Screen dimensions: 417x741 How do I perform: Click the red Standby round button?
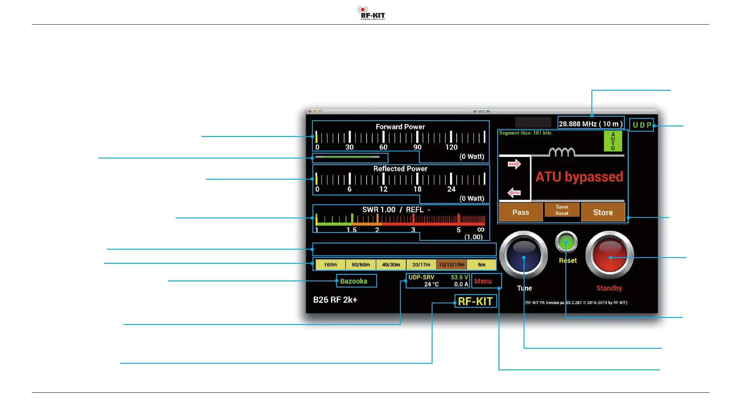point(609,255)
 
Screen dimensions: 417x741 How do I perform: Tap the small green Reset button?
point(566,242)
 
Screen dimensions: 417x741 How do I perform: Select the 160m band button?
point(330,265)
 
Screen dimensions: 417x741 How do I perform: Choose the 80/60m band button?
point(361,265)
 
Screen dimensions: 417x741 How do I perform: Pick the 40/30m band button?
point(391,265)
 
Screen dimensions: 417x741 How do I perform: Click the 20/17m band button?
point(421,265)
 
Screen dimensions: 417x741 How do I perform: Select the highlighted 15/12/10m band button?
point(451,265)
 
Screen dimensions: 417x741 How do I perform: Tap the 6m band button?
point(482,265)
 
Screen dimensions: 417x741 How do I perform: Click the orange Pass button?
point(521,212)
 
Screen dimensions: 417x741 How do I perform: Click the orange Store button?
point(603,212)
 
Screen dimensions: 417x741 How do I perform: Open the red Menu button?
point(483,281)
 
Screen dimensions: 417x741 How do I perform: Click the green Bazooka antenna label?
point(354,281)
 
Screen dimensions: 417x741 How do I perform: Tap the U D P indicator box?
point(642,125)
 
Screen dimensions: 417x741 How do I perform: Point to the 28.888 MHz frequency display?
point(591,124)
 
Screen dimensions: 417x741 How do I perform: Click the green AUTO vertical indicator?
point(613,141)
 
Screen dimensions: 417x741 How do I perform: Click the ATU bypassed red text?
point(579,177)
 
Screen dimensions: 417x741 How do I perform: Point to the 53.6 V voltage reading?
point(459,277)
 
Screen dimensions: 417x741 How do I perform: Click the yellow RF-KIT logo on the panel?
point(475,301)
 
